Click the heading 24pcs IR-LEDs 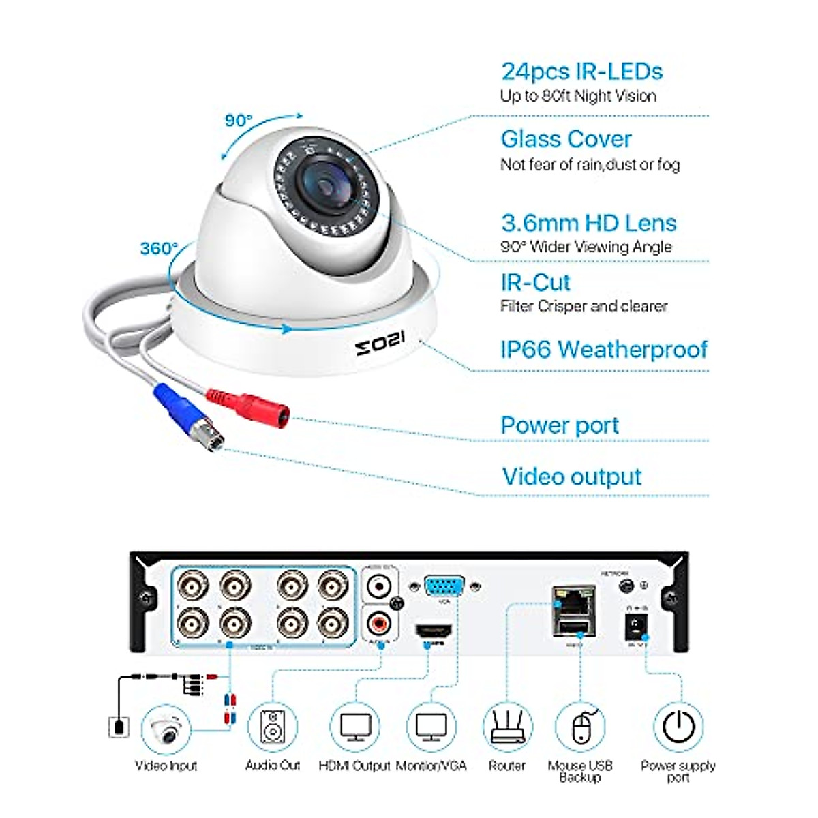581,72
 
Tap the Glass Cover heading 566,139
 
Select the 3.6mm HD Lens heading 588,223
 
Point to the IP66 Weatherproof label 604,349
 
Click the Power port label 560,425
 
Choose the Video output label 572,476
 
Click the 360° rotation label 159,248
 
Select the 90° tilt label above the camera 239,121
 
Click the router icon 507,727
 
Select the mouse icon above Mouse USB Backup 580,727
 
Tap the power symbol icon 679,727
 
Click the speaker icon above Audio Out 273,727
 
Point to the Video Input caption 166,766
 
